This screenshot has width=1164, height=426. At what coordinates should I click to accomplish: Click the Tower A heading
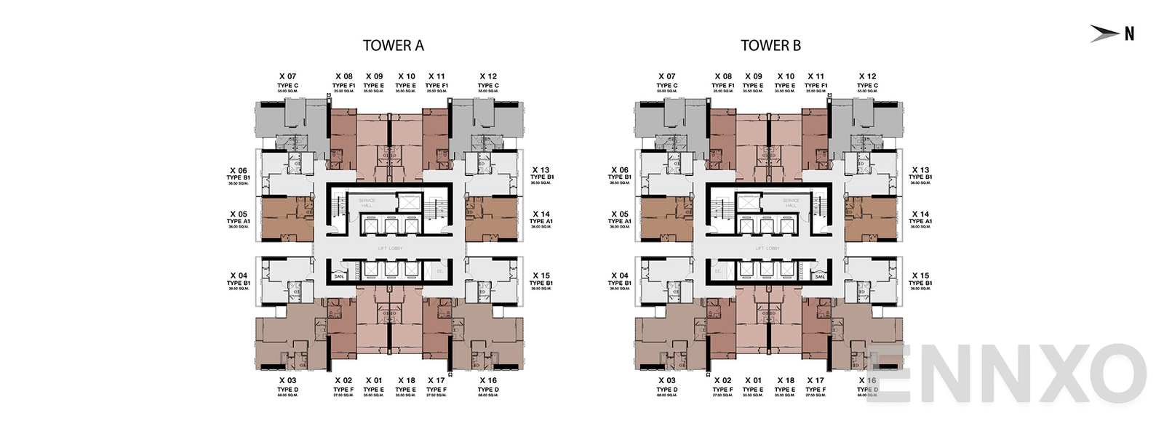tap(393, 46)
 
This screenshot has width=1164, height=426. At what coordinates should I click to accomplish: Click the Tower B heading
tap(770, 46)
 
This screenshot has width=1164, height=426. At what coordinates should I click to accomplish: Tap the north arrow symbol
tap(1112, 33)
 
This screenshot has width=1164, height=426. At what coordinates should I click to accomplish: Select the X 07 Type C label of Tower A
tap(287, 81)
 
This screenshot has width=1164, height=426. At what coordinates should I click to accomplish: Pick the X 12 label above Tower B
tap(867, 76)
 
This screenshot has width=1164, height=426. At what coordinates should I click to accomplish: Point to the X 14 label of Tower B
tap(920, 214)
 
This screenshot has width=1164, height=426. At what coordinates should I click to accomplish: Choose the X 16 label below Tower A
tap(488, 380)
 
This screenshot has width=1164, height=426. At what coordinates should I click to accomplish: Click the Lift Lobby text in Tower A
tap(390, 249)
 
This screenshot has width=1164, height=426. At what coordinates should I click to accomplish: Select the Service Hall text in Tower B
tap(791, 203)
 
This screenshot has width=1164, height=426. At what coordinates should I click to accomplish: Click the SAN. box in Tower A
tap(339, 276)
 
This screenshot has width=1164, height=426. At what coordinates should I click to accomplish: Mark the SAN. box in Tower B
tap(820, 276)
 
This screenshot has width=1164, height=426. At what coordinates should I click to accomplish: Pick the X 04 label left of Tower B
tap(619, 276)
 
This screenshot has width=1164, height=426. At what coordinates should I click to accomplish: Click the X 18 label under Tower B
tap(786, 380)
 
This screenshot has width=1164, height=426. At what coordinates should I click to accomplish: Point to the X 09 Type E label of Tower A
tap(374, 81)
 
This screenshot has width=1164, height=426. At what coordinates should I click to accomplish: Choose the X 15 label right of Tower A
tap(541, 276)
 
